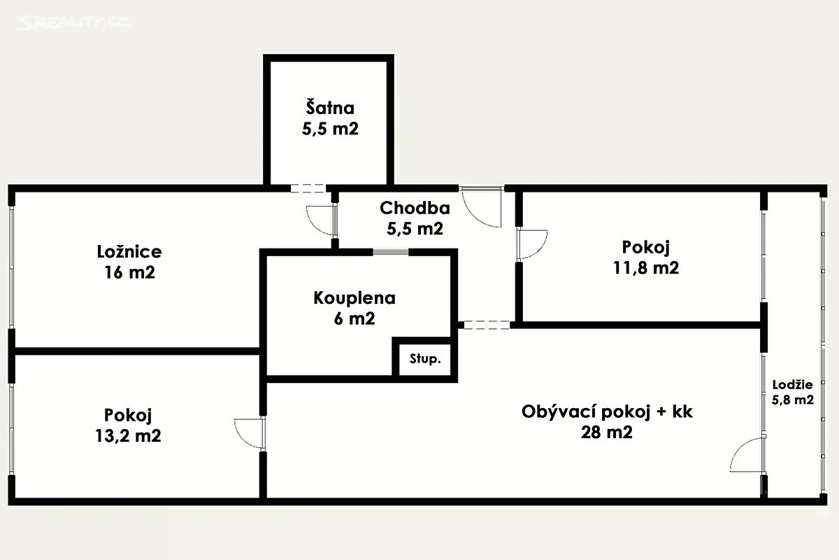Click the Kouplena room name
354,298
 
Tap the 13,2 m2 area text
128,435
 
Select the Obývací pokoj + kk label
606,412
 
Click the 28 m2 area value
606,433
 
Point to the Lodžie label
792,384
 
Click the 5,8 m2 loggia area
792,401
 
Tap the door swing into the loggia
747,455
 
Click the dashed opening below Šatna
308,188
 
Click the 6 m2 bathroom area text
354,319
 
